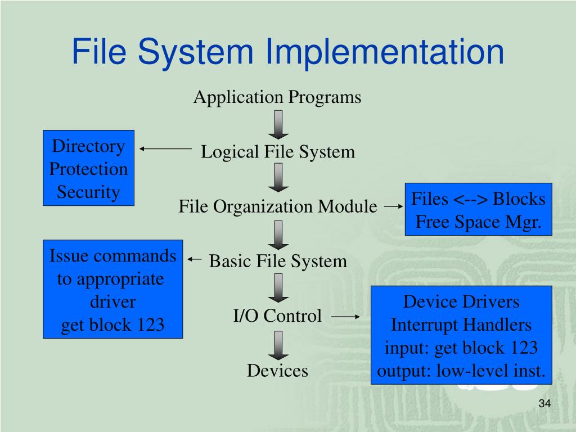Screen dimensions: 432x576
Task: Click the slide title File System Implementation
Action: [x=287, y=51]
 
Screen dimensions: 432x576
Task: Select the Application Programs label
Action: [x=277, y=97]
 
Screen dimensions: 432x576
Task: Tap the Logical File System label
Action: [x=278, y=152]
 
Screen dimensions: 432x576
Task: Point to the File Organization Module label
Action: [x=278, y=206]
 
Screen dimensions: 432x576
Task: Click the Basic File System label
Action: [x=278, y=261]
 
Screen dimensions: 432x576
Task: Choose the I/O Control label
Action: [x=277, y=316]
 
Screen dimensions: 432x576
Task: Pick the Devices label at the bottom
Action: [x=277, y=371]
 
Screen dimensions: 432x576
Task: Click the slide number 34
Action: [x=543, y=403]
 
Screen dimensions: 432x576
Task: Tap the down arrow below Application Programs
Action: [x=278, y=124]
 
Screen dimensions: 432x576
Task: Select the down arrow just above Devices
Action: [x=278, y=344]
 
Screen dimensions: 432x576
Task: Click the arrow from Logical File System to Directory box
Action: [x=166, y=149]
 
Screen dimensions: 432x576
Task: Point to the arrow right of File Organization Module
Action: [x=393, y=206]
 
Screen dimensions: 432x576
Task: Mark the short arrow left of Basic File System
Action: [x=194, y=259]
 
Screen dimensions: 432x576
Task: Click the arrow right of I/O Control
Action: [x=345, y=317]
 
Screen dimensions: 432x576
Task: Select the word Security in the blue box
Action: [x=88, y=192]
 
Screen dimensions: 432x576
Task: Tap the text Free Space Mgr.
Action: [x=479, y=222]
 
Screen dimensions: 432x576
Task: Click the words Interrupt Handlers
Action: [x=461, y=325]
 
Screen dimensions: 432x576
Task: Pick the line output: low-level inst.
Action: [x=461, y=371]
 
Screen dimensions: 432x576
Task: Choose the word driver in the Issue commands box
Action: [x=112, y=302]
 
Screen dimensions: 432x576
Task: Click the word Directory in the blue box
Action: [x=88, y=146]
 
